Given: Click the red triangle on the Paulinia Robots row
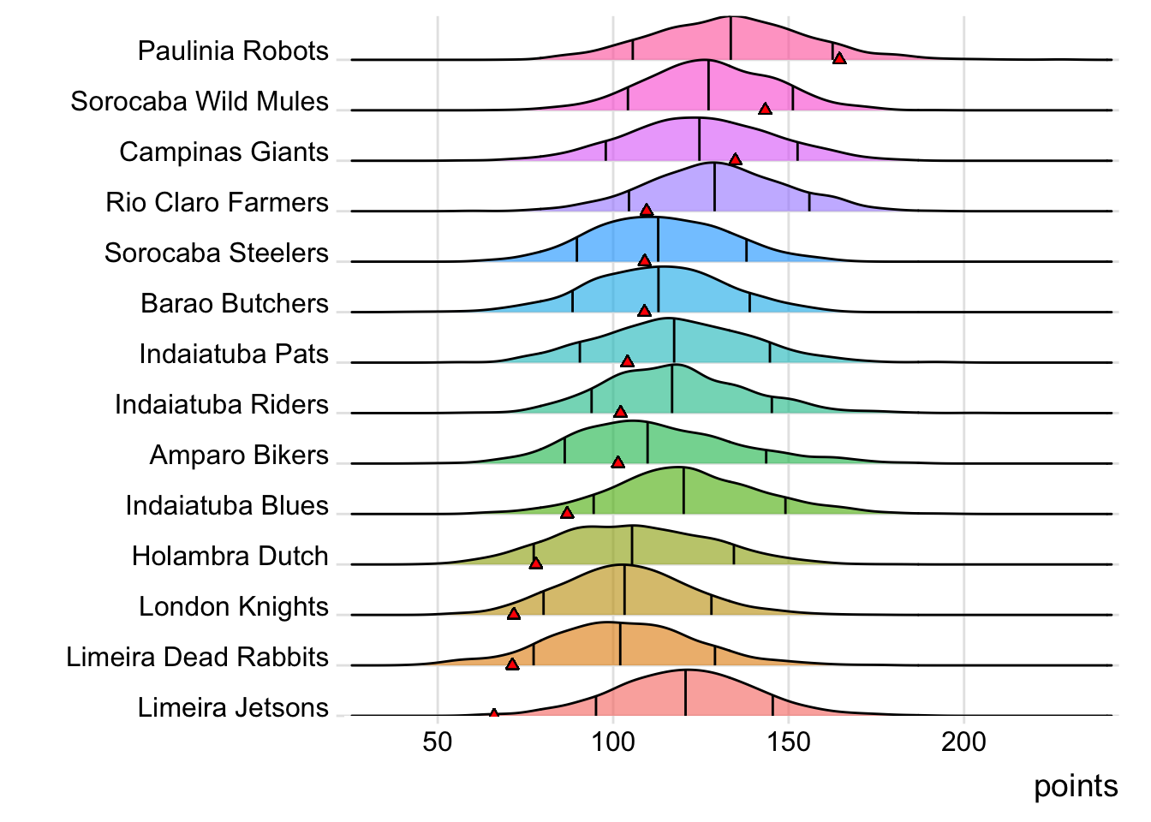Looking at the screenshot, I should tap(839, 58).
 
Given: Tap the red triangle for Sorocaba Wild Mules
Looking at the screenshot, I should tap(765, 109).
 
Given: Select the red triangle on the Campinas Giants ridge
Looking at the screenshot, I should tap(735, 159).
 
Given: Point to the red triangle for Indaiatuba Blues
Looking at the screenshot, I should tap(567, 513).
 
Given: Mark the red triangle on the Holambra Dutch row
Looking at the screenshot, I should tap(535, 563).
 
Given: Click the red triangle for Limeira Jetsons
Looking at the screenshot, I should tap(494, 713).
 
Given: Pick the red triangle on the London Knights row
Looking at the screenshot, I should tap(514, 614).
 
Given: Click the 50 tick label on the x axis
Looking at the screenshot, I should tap(438, 742).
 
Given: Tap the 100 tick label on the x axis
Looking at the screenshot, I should tap(613, 742).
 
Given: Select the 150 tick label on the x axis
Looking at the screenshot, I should tap(789, 742).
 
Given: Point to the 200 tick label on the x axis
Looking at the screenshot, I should tap(964, 742).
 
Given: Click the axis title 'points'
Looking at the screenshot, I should tap(1076, 786).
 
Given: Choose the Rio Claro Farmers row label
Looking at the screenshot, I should tap(217, 202).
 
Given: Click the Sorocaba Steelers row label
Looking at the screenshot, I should tap(216, 253).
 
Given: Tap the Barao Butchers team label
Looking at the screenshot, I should tap(234, 303).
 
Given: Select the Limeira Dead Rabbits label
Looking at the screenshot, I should tap(197, 657).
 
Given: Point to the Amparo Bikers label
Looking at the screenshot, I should tap(238, 455).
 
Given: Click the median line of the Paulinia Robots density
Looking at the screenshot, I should tap(731, 39).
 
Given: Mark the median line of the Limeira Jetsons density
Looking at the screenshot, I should tap(686, 694).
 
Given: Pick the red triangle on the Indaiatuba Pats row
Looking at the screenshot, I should tap(627, 361).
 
